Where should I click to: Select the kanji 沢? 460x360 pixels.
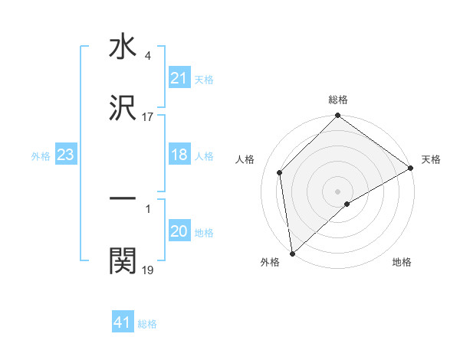(x=123, y=110)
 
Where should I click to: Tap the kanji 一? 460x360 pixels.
(x=123, y=199)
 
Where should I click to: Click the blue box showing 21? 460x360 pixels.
(x=179, y=78)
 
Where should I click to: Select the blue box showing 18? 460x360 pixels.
(x=179, y=155)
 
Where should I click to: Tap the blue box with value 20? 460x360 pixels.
(x=179, y=231)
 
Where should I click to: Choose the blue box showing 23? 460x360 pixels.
(x=66, y=155)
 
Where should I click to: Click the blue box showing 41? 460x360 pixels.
(x=123, y=322)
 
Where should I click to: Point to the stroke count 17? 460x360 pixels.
(x=148, y=117)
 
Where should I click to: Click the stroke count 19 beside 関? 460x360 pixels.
(x=148, y=270)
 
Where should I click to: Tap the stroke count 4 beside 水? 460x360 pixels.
(x=147, y=56)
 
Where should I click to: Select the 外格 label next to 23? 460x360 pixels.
(x=41, y=155)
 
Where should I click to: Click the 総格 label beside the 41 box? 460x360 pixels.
(x=147, y=324)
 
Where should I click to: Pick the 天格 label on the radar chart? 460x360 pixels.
(x=431, y=160)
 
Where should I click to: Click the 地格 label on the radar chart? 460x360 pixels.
(x=402, y=262)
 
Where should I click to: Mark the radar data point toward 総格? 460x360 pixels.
(x=337, y=116)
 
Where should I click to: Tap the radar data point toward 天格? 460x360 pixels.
(x=411, y=168)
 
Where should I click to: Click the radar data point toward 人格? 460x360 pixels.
(x=280, y=172)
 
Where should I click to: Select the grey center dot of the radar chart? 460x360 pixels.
(x=337, y=191)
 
